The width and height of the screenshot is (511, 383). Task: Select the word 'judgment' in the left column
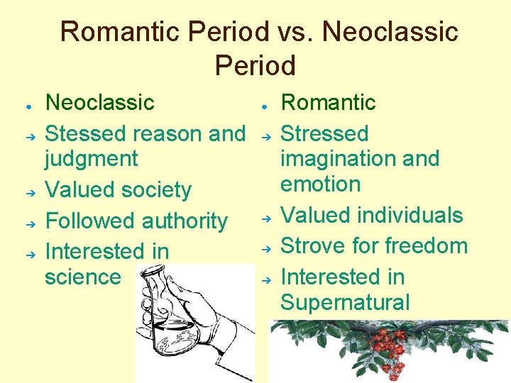pyautogui.click(x=91, y=159)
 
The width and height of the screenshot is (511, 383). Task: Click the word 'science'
pyautogui.click(x=82, y=277)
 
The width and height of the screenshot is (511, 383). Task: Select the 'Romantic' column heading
pyautogui.click(x=328, y=102)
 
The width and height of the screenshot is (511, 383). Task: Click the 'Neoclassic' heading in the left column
pyautogui.click(x=99, y=102)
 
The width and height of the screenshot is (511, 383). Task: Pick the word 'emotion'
pyautogui.click(x=320, y=184)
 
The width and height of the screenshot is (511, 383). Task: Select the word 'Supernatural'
pyautogui.click(x=345, y=303)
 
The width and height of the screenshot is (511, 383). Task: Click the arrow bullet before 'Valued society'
pyautogui.click(x=28, y=191)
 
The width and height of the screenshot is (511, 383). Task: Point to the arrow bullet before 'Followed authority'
pyautogui.click(x=28, y=222)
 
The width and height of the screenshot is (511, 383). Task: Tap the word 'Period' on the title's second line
pyautogui.click(x=255, y=65)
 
